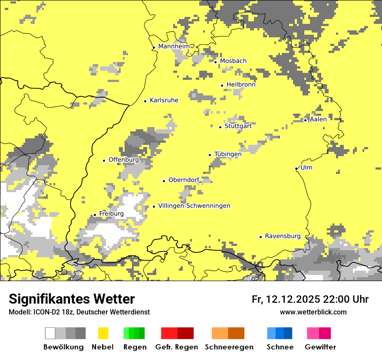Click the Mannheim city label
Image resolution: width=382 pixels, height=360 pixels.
174,46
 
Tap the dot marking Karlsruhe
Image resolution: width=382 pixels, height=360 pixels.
145,101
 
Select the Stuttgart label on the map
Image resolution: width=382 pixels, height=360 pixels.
238,126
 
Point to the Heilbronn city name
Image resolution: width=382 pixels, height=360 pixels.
241,85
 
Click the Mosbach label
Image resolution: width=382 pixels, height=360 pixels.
233,61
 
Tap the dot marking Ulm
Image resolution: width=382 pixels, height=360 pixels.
296,168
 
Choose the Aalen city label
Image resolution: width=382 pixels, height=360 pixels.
318,119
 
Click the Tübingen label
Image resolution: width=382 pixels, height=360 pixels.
228,154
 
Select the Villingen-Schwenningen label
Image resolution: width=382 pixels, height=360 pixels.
194,206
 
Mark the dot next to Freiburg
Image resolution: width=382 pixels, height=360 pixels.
95,215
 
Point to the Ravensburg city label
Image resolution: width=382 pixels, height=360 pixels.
283,236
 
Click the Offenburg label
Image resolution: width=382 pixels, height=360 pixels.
124,160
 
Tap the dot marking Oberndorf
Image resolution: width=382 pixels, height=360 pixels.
164,181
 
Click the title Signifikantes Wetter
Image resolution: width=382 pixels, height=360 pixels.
72,299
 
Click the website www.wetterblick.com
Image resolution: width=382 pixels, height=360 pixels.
313,312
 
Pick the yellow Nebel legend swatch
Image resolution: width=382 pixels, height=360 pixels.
103,333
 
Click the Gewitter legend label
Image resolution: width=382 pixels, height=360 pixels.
320,347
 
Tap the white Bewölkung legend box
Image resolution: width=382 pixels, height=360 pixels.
50,333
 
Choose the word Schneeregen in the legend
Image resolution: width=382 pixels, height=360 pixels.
229,347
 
